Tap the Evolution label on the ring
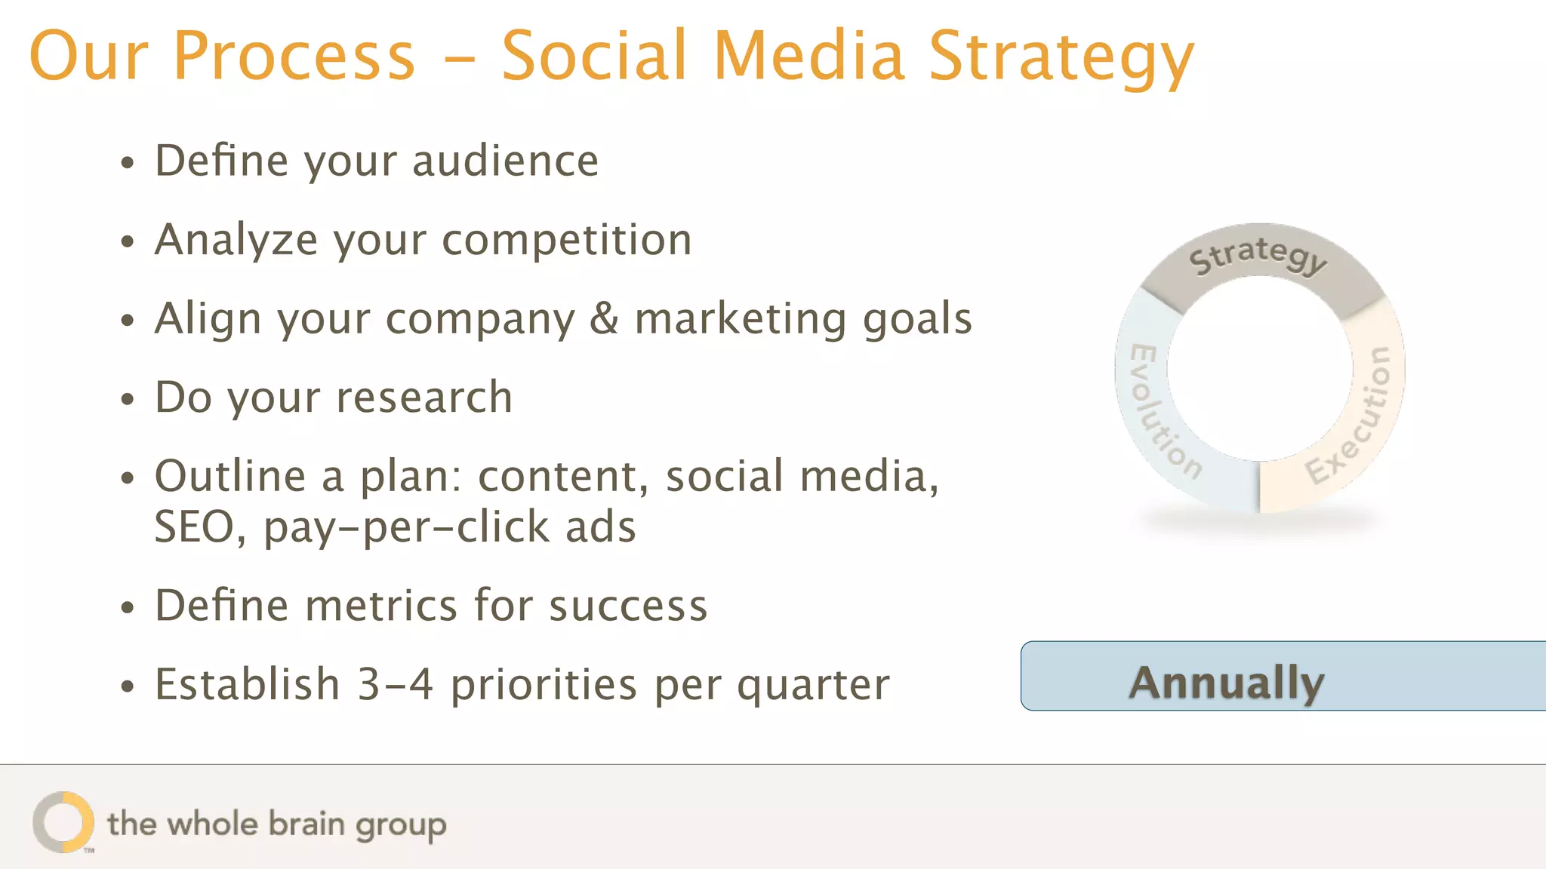pyautogui.click(x=1163, y=412)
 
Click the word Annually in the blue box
pyautogui.click(x=1226, y=682)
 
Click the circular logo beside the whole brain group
pyautogui.click(x=63, y=822)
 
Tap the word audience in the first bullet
pyautogui.click(x=505, y=161)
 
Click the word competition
pyautogui.click(x=566, y=240)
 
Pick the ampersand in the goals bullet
pyautogui.click(x=603, y=318)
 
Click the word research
pyautogui.click(x=423, y=398)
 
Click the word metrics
pyautogui.click(x=381, y=606)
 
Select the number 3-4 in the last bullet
pyautogui.click(x=395, y=684)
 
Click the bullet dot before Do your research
pyautogui.click(x=128, y=400)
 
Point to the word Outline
pyautogui.click(x=230, y=476)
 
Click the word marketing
pyautogui.click(x=740, y=318)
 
